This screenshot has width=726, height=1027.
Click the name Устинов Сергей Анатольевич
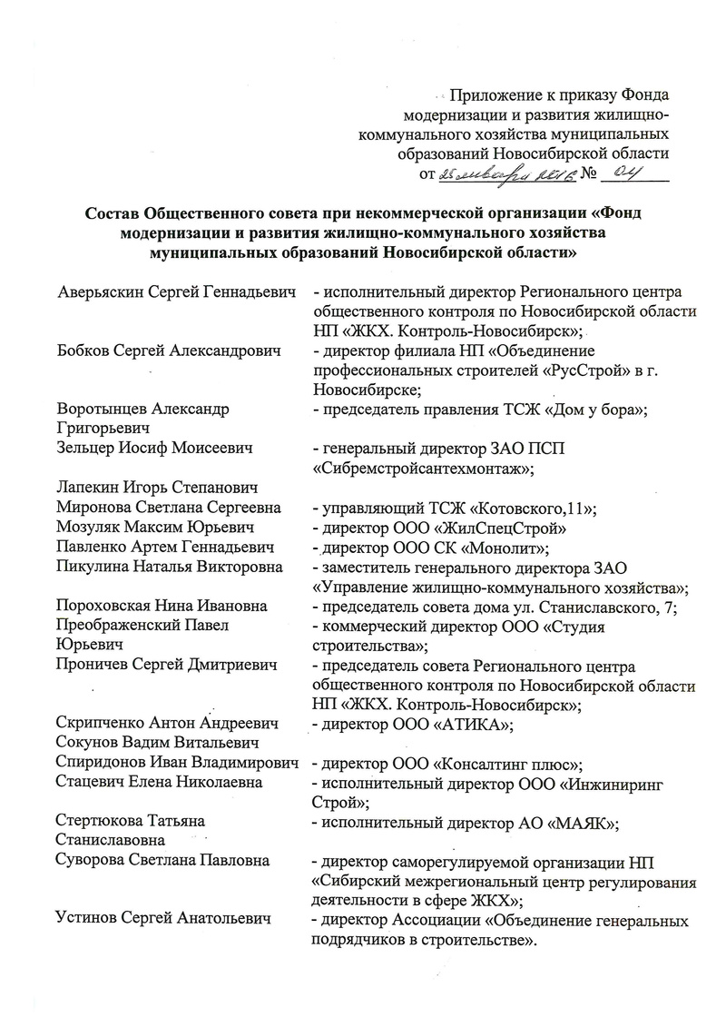[164, 921]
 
